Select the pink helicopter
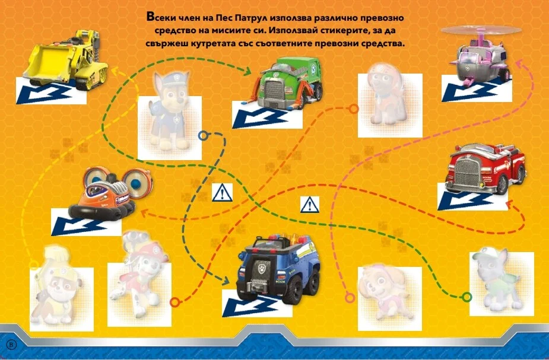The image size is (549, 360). click(x=482, y=56)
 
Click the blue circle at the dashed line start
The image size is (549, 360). click(x=203, y=136)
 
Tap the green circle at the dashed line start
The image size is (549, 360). click(x=467, y=297)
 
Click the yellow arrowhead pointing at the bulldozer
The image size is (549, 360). click(x=117, y=71)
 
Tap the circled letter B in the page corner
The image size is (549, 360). click(x=11, y=345)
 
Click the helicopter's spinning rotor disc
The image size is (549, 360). click(x=481, y=30)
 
